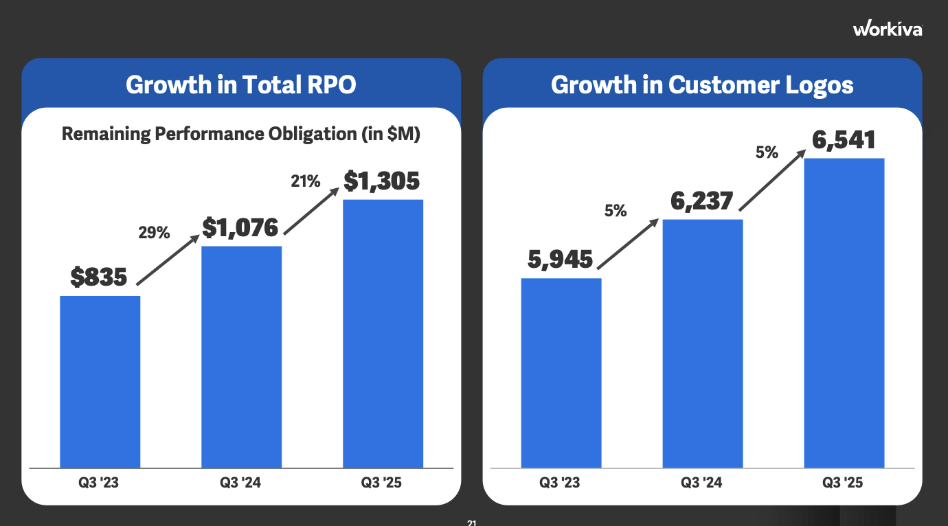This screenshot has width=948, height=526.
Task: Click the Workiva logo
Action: tap(888, 29)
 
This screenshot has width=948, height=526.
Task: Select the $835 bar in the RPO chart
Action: tap(100, 382)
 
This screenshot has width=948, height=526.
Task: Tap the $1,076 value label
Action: tap(240, 228)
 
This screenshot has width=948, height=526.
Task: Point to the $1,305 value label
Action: tap(381, 181)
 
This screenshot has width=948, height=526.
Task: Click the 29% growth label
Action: tap(154, 233)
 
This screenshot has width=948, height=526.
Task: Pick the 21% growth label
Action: tap(305, 181)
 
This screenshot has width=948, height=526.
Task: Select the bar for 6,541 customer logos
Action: tap(844, 313)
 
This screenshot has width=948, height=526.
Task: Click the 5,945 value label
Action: tap(560, 260)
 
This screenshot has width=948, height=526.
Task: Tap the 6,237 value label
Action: tap(701, 201)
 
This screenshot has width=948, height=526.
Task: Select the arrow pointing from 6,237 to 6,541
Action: tap(773, 181)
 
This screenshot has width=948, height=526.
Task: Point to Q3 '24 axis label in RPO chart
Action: tap(240, 483)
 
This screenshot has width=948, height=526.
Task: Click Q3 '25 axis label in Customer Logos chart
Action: tap(842, 483)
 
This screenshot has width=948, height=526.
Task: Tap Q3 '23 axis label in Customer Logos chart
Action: tap(560, 483)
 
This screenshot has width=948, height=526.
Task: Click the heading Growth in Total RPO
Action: tap(241, 85)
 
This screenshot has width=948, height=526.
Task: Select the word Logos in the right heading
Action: tap(821, 85)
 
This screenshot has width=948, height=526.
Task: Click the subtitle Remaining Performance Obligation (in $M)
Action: tap(240, 133)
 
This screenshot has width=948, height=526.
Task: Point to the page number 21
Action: tap(471, 523)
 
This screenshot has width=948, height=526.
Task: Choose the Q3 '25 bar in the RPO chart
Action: tap(383, 334)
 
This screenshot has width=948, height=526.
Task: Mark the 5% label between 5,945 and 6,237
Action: tap(616, 211)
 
